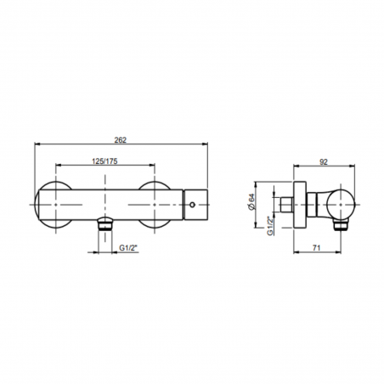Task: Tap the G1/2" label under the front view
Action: coord(127,247)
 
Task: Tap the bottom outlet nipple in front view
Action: coord(104,223)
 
